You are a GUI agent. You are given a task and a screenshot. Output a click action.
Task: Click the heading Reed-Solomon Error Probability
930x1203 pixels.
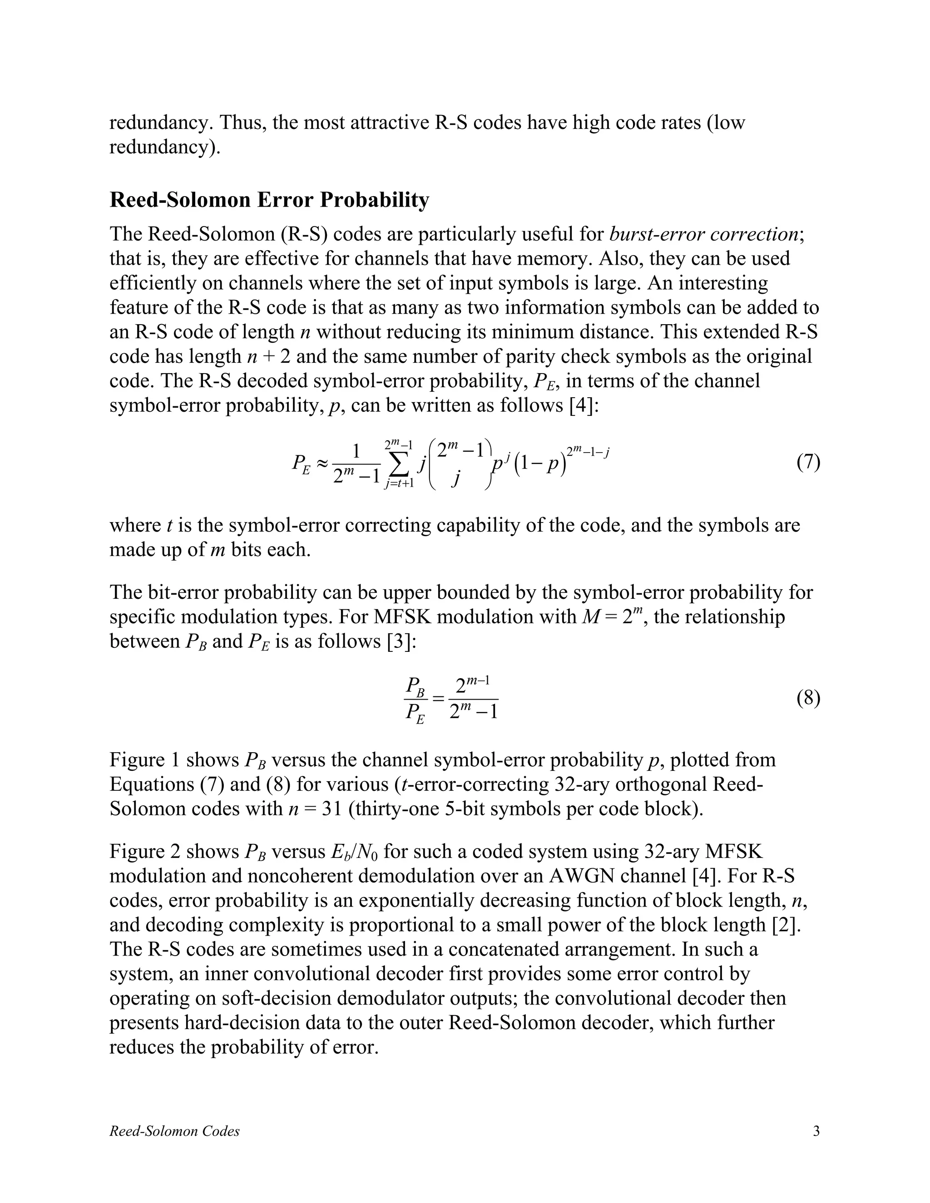coord(269,199)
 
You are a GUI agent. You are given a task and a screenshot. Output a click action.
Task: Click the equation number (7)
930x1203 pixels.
coord(808,462)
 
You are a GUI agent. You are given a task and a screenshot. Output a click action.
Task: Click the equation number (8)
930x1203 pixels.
coord(808,699)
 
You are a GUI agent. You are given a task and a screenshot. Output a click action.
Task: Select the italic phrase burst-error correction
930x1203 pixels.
coord(703,234)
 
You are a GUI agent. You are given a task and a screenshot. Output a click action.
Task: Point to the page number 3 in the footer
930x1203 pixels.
coord(816,1131)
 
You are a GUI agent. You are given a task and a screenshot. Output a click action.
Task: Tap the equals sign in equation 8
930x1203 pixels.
coord(438,699)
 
